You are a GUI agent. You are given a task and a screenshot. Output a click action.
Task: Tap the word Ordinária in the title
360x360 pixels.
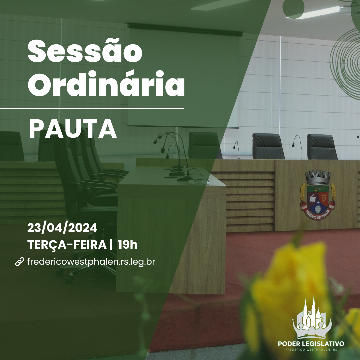106,83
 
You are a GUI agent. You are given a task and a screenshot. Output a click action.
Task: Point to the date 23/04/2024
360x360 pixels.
62,228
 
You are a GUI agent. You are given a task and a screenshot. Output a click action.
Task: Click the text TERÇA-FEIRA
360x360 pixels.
67,245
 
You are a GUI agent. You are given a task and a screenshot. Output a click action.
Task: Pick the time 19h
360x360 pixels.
128,245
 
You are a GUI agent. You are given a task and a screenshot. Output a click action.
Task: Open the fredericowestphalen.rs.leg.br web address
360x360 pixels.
91,262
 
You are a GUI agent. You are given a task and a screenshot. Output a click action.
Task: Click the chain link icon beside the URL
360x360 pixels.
20,262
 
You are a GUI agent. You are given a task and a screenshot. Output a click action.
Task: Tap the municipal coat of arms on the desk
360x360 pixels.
318,195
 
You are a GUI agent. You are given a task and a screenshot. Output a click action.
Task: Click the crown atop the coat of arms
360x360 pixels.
318,177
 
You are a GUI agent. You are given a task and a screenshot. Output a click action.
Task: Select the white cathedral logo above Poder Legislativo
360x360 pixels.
312,318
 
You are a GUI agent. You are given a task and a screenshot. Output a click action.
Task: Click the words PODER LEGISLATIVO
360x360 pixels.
311,344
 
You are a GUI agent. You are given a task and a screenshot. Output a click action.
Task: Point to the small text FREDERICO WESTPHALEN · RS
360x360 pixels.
311,350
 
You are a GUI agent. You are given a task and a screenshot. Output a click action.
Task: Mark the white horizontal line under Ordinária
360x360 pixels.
92,108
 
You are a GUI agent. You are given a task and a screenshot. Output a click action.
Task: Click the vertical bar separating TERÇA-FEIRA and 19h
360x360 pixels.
111,245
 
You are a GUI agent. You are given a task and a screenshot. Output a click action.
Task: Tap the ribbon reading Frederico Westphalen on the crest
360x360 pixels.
318,214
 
